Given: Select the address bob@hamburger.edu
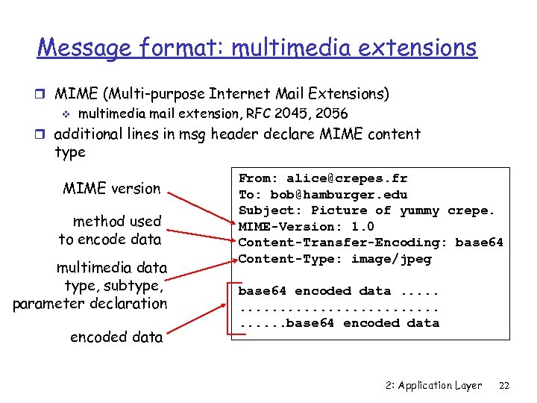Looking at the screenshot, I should [339, 195].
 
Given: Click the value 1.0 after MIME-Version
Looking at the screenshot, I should [362, 226].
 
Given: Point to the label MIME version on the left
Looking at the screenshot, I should [112, 189].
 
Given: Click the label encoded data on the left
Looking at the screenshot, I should [116, 337].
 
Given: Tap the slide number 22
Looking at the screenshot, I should [504, 385].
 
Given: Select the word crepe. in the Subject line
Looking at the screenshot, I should [471, 210].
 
